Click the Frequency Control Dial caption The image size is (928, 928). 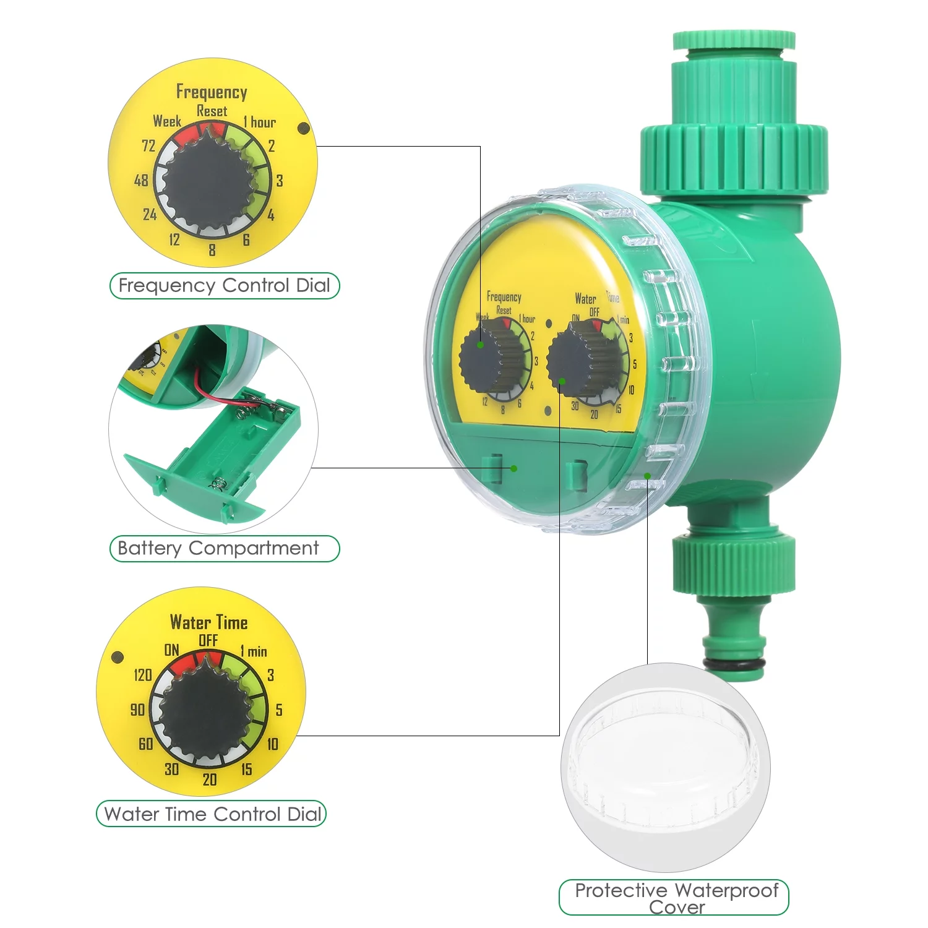tap(224, 286)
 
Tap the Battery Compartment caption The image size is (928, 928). tap(218, 548)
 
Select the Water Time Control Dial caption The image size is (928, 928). tap(212, 814)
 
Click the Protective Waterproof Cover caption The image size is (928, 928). tap(676, 898)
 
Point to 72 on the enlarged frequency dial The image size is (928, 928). tap(148, 146)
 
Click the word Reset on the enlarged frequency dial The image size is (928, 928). tap(212, 111)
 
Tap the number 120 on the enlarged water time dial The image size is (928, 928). tap(142, 675)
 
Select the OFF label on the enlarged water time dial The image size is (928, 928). tap(208, 640)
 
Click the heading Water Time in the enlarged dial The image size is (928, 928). tap(208, 622)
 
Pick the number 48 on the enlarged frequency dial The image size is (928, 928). tap(141, 181)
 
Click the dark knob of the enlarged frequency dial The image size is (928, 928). tap(208, 184)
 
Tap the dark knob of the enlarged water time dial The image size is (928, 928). tap(206, 713)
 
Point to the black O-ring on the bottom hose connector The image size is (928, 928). tap(734, 664)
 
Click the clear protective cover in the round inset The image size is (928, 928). tap(665, 767)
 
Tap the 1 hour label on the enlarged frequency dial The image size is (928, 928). tap(259, 122)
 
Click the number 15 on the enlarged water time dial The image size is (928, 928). tap(246, 770)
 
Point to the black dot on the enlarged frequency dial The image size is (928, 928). tap(304, 128)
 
